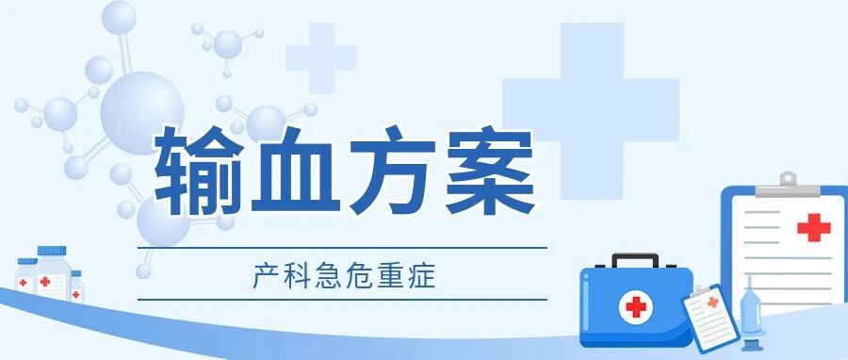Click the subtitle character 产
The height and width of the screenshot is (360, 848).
pyautogui.click(x=262, y=276)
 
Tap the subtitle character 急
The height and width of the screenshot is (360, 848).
pyautogui.click(x=326, y=276)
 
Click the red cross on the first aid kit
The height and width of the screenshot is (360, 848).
pyautogui.click(x=636, y=307)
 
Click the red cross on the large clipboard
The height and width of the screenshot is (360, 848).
pyautogui.click(x=814, y=227)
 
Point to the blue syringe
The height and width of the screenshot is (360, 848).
pyautogui.click(x=751, y=314)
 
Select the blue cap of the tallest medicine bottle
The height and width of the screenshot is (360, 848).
pyautogui.click(x=52, y=251)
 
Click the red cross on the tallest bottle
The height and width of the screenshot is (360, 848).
pyautogui.click(x=45, y=282)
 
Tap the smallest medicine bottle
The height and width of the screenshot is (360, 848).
pyautogui.click(x=76, y=286)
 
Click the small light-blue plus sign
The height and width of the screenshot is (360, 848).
pyautogui.click(x=321, y=57)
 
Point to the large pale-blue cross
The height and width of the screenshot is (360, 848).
pyautogui.click(x=591, y=111)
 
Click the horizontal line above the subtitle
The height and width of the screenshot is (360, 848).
pyautogui.click(x=342, y=248)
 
